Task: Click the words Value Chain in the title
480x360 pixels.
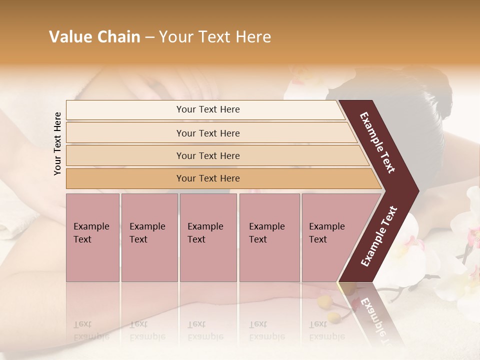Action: pyautogui.click(x=94, y=37)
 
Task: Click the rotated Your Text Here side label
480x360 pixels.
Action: pyautogui.click(x=58, y=143)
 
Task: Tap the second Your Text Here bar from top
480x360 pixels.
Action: pyautogui.click(x=207, y=133)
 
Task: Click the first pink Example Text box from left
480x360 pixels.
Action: pyautogui.click(x=92, y=237)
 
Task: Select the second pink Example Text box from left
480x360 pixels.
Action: pyautogui.click(x=149, y=237)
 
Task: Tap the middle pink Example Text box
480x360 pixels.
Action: pyautogui.click(x=208, y=237)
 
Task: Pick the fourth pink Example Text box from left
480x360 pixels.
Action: pyautogui.click(x=269, y=237)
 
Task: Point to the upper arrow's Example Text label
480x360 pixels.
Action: pyautogui.click(x=377, y=142)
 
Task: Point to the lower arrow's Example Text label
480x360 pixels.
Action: pyautogui.click(x=379, y=236)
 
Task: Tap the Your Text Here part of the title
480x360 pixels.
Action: pyautogui.click(x=215, y=37)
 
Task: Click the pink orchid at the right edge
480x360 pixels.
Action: pyautogui.click(x=472, y=235)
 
